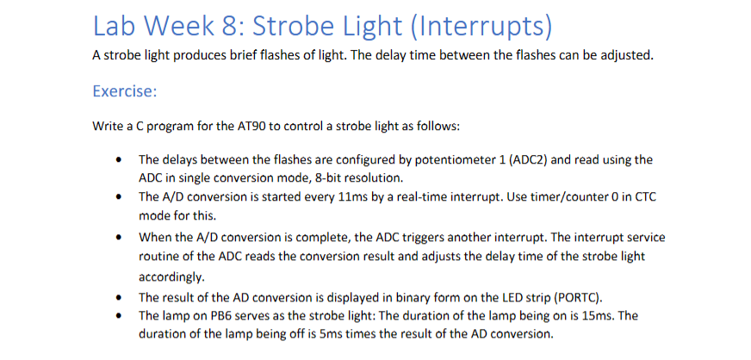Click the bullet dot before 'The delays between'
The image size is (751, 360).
pyautogui.click(x=117, y=160)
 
